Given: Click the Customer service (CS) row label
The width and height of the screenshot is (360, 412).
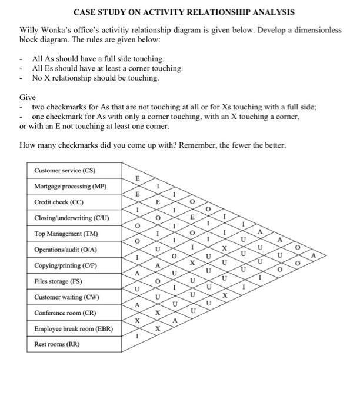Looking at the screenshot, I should pyautogui.click(x=65, y=171).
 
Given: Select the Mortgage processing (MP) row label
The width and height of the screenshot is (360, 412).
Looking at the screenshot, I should pyautogui.click(x=71, y=187).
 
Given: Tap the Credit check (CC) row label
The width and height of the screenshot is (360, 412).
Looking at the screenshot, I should pyautogui.click(x=59, y=202).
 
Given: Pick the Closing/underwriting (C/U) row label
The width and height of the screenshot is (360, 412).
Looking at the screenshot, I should pyautogui.click(x=71, y=218).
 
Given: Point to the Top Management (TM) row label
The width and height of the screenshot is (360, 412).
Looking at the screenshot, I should pyautogui.click(x=66, y=234).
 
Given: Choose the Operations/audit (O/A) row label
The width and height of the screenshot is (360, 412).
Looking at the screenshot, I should pyautogui.click(x=65, y=250).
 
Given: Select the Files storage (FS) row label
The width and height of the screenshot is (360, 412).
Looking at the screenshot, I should pyautogui.click(x=58, y=281).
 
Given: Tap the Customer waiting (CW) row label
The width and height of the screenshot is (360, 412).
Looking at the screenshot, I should pyautogui.click(x=66, y=297).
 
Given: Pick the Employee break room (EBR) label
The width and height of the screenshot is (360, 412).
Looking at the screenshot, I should pyautogui.click(x=73, y=328).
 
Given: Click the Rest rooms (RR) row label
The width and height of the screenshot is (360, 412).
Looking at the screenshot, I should pyautogui.click(x=56, y=344).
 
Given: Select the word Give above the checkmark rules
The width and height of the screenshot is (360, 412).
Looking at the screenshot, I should pyautogui.click(x=28, y=97).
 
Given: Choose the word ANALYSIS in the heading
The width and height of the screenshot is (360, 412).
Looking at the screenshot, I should pyautogui.click(x=273, y=12).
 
